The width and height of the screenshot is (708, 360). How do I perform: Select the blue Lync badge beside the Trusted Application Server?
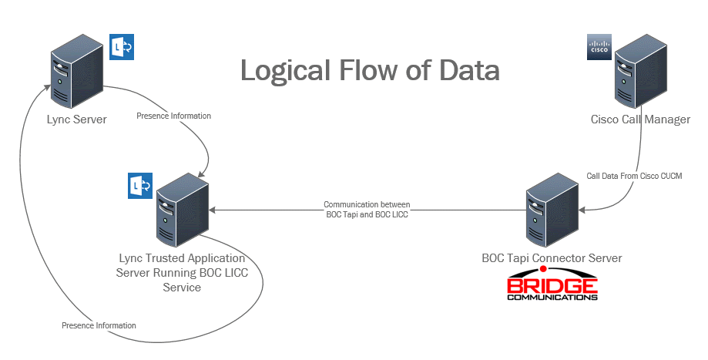pos(139,187)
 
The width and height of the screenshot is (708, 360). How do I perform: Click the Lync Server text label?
pos(75,119)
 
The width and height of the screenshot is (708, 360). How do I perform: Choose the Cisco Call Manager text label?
pos(639,119)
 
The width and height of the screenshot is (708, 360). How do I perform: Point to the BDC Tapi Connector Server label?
pos(550,257)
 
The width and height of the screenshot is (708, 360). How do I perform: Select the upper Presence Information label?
pos(173,116)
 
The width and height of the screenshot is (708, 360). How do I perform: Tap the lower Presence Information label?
pos(99,325)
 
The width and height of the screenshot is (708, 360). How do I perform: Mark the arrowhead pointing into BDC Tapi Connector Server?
pos(582,208)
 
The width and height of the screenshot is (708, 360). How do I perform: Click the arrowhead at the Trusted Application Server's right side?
pos(215,209)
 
